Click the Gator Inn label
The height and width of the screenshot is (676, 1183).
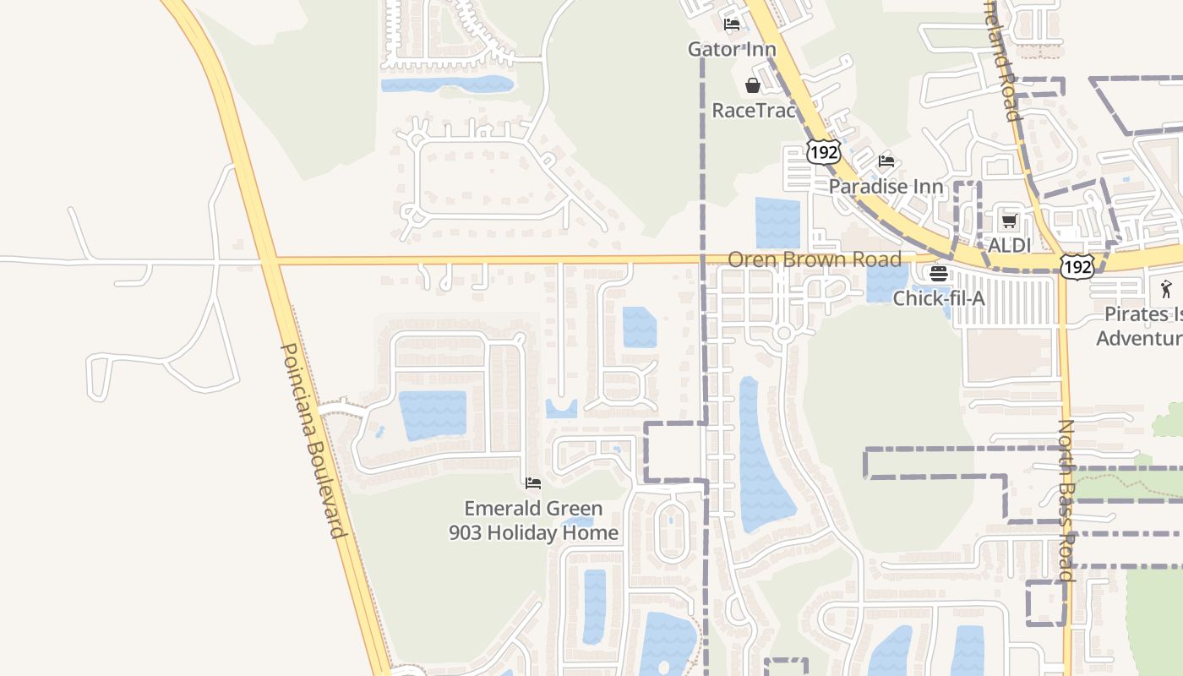pyautogui.click(x=732, y=49)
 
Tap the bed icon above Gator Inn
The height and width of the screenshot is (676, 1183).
pyautogui.click(x=732, y=25)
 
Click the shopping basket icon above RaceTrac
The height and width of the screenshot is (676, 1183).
pyautogui.click(x=752, y=85)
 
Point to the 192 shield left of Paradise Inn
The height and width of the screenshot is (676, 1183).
pyautogui.click(x=823, y=152)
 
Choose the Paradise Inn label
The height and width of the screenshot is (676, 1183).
pyautogui.click(x=886, y=186)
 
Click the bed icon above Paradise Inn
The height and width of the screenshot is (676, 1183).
pyautogui.click(x=886, y=161)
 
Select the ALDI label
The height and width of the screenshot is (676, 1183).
pyautogui.click(x=1010, y=245)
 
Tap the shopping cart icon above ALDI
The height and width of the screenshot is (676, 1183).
pyautogui.click(x=1009, y=221)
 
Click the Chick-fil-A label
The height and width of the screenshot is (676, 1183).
pyautogui.click(x=939, y=297)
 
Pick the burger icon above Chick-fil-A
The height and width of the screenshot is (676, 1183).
pyautogui.click(x=939, y=274)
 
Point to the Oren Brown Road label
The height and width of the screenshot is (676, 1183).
pyautogui.click(x=815, y=259)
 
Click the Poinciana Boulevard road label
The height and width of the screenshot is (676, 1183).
pyautogui.click(x=312, y=439)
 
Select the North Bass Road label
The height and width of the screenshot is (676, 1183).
pyautogui.click(x=1066, y=500)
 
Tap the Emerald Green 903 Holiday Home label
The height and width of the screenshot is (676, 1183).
pyautogui.click(x=533, y=521)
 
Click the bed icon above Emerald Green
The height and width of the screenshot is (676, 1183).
pyautogui.click(x=533, y=483)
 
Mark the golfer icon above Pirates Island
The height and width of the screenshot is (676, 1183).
pyautogui.click(x=1167, y=288)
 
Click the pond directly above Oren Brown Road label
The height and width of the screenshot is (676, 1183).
pyautogui.click(x=777, y=222)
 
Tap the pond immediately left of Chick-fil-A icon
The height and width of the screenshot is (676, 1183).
pyautogui.click(x=886, y=283)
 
